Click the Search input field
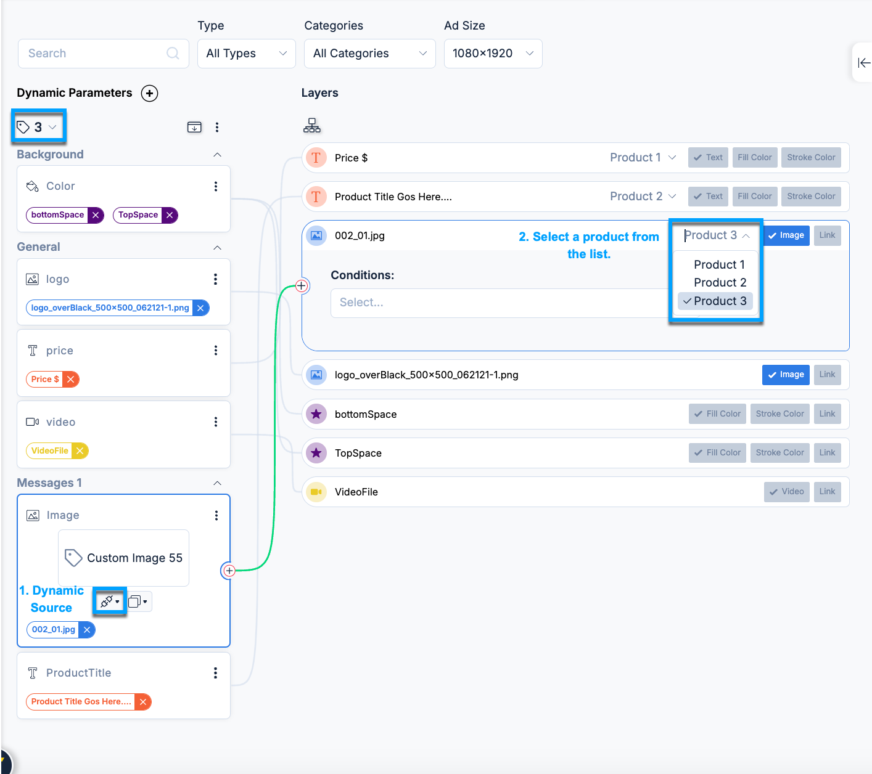[x=104, y=54]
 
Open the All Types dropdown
[x=246, y=54]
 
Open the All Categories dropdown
[x=370, y=54]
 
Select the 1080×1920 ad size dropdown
[x=493, y=54]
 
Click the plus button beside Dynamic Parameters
[x=149, y=94]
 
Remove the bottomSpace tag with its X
[x=96, y=215]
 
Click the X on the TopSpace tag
[x=170, y=215]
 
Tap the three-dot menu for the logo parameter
[x=216, y=279]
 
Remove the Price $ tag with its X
[x=70, y=380]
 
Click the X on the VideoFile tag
[x=80, y=451]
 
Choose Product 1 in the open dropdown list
[x=719, y=264]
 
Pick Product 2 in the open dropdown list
[x=720, y=283]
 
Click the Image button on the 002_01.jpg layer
[x=786, y=235]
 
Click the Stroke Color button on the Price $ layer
[x=811, y=158]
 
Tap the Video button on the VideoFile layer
[x=786, y=492]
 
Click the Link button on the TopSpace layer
[x=827, y=452]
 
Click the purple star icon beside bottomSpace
[x=316, y=414]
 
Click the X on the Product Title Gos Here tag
[x=143, y=702]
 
